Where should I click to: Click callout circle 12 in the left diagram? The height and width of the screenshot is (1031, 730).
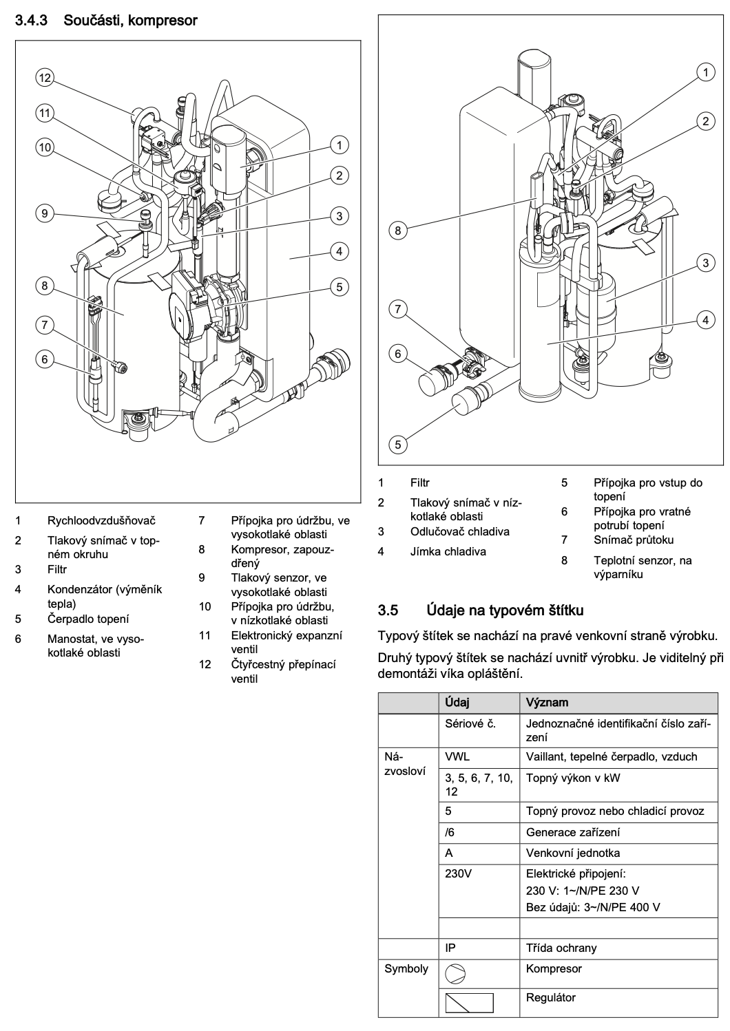pos(45,77)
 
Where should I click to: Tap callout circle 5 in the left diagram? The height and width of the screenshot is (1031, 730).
pos(340,287)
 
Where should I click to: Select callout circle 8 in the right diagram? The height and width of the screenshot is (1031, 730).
pos(398,231)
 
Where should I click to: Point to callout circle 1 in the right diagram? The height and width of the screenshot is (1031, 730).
pos(706,72)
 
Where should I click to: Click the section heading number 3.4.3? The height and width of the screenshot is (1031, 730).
pos(31,21)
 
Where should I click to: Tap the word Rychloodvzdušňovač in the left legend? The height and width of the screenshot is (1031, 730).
pos(101,520)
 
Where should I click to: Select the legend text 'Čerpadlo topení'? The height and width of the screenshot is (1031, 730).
pos(88,619)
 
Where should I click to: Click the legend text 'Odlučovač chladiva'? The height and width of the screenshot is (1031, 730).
pos(459,531)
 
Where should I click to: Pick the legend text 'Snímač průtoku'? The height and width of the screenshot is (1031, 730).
pos(634,540)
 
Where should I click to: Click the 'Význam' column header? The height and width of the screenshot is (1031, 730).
pos(547,703)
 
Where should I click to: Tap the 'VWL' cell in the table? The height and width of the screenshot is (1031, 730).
pos(457,756)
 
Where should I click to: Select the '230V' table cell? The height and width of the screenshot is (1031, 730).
pos(458,873)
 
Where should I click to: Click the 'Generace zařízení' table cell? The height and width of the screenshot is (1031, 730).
pos(573,832)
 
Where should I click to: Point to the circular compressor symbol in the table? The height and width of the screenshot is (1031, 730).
pos(455,974)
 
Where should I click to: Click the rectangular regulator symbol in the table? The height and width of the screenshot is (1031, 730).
pos(469,1003)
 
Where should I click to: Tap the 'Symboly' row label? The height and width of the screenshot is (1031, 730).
pos(406,969)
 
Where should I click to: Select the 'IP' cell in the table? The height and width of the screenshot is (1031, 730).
pos(450,948)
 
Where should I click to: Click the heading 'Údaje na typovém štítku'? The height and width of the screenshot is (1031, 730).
pos(505,610)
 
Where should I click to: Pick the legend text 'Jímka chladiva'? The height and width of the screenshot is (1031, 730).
pos(448,551)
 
